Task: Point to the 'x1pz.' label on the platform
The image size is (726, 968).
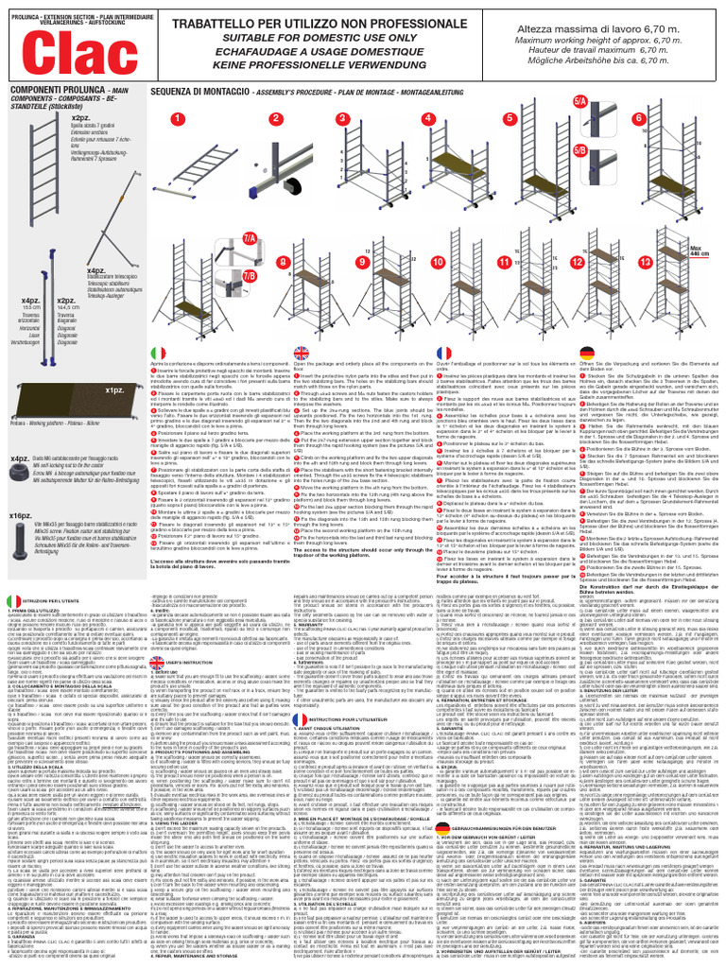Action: coord(115,389)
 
